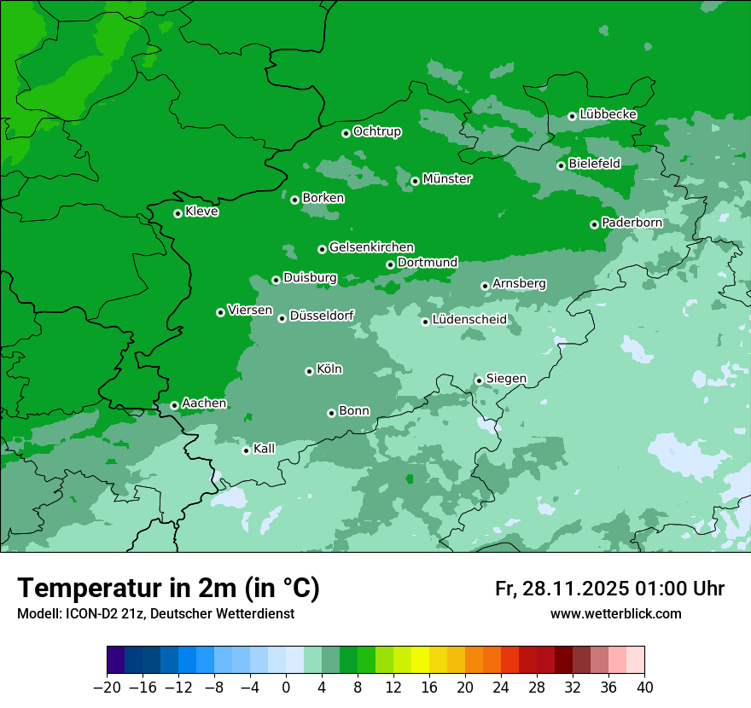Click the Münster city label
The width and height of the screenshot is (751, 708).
click(x=447, y=179)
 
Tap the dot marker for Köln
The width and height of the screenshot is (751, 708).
click(x=309, y=371)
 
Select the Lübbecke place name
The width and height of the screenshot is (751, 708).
click(x=608, y=114)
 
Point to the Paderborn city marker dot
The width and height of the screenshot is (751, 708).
click(x=594, y=224)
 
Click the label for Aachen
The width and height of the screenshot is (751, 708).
click(x=204, y=403)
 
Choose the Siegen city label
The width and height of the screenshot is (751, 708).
click(x=506, y=379)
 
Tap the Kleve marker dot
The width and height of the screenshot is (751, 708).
click(x=178, y=213)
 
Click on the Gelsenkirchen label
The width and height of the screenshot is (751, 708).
click(x=371, y=248)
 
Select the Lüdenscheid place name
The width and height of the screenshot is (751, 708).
click(x=469, y=320)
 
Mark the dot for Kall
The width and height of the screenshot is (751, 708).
click(x=246, y=450)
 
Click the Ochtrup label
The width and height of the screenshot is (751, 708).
click(x=376, y=131)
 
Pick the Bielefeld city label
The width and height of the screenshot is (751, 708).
click(x=594, y=164)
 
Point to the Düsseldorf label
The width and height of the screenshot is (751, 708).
click(x=322, y=316)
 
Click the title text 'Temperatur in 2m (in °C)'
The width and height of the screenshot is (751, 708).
click(x=168, y=588)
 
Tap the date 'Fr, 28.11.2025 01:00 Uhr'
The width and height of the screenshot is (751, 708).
click(x=609, y=589)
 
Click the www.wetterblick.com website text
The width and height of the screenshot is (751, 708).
click(x=615, y=613)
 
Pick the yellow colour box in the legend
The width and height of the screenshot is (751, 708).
click(x=420, y=660)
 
